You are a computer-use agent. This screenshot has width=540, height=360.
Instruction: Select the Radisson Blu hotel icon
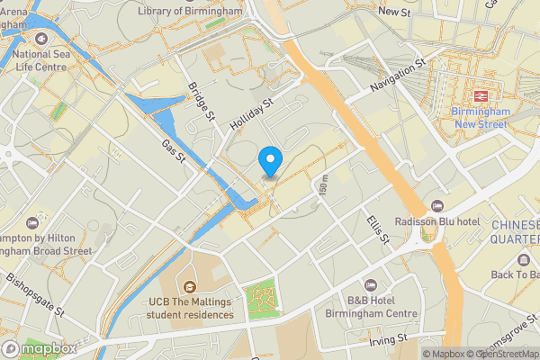click(437, 208)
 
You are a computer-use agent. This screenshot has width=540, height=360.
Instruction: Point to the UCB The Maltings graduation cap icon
click(190, 286)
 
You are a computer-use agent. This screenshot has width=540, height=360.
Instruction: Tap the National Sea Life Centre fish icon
click(42, 40)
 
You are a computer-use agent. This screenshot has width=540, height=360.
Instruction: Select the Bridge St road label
click(202, 101)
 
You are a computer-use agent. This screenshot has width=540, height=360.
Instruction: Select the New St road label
click(394, 12)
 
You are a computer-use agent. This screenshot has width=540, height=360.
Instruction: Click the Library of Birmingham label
click(191, 11)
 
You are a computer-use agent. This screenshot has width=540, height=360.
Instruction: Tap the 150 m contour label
click(323, 188)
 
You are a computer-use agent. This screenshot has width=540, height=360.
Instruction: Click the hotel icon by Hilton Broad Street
click(33, 222)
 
